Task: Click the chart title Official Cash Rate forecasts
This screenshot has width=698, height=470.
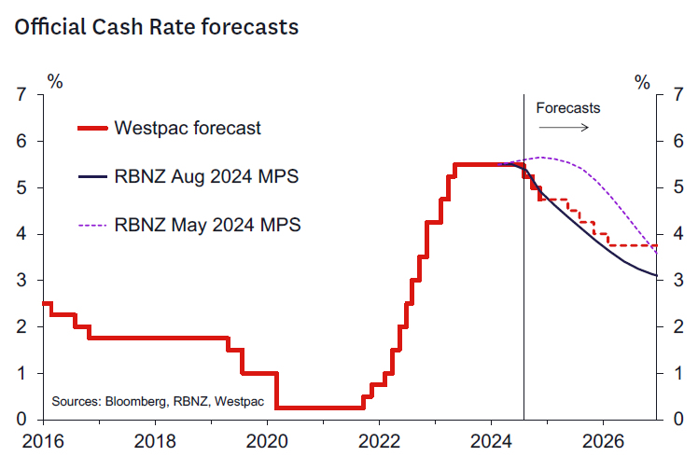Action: [156, 27]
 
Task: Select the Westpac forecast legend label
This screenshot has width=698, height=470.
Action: [187, 128]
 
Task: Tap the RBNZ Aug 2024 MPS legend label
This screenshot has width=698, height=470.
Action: [206, 175]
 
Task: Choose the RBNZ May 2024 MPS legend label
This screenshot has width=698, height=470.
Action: [207, 224]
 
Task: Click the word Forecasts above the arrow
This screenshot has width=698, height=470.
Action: [567, 107]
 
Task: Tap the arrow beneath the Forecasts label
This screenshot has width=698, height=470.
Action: [567, 125]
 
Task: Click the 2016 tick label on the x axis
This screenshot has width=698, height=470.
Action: [44, 437]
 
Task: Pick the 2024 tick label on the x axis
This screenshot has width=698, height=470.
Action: [491, 437]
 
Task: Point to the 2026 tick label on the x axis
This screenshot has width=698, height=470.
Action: [603, 437]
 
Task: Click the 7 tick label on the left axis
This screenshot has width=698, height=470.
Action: [21, 95]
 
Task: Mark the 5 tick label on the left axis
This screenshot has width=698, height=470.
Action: [21, 188]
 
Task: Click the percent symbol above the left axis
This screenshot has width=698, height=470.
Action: [56, 82]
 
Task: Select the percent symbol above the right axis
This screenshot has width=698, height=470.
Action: [642, 82]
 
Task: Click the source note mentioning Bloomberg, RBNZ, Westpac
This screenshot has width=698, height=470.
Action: [158, 401]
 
